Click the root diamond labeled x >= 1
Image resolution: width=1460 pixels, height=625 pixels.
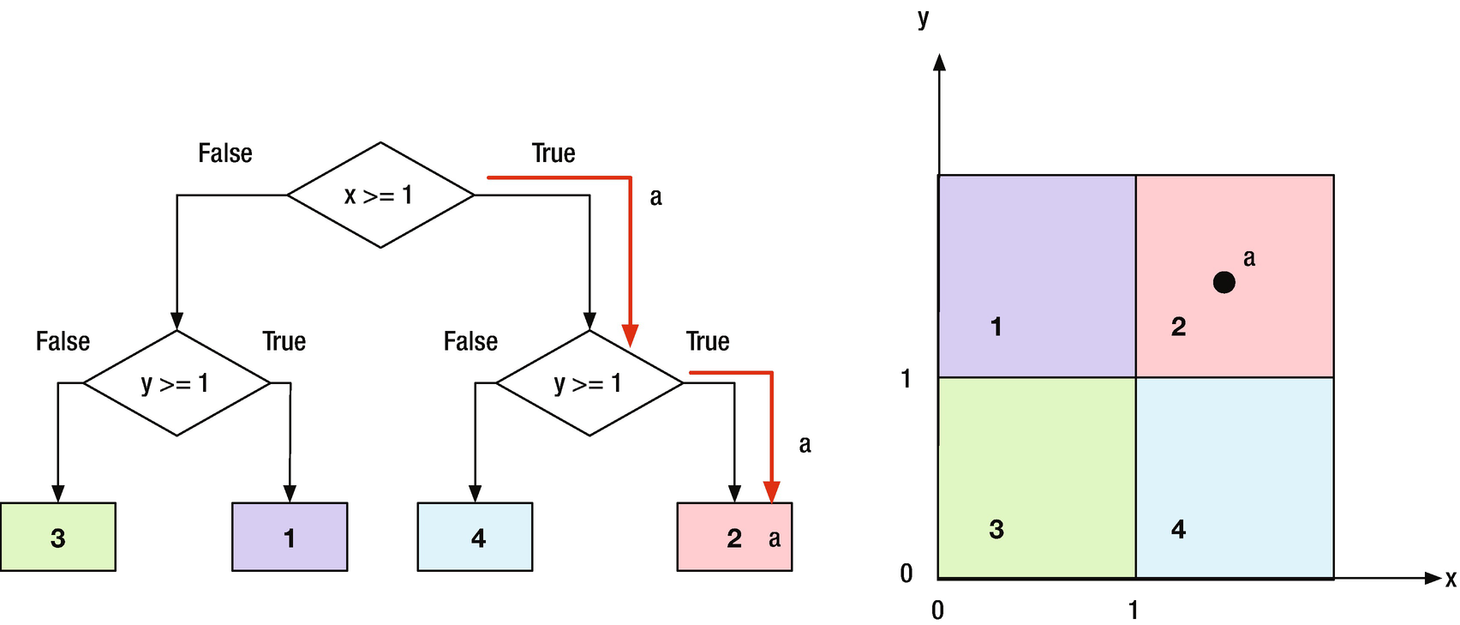click(380, 195)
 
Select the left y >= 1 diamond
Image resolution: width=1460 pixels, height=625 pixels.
click(177, 383)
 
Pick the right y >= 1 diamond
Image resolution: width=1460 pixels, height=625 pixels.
click(589, 383)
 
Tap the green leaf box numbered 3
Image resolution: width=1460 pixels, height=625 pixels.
click(57, 537)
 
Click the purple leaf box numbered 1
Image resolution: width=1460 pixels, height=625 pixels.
click(290, 537)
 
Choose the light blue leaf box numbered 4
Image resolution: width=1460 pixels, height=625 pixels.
click(475, 537)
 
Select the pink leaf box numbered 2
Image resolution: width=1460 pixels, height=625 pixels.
click(733, 537)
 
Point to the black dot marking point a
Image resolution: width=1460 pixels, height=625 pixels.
click(1224, 282)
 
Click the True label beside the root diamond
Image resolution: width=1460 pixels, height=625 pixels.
click(553, 153)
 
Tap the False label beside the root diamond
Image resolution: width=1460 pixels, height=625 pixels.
click(225, 153)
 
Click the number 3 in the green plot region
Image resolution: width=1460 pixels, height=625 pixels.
click(996, 529)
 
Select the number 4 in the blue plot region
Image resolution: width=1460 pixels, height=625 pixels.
click(1179, 529)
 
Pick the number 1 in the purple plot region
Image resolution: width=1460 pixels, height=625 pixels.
click(996, 327)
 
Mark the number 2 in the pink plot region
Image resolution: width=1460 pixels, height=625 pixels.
click(1179, 327)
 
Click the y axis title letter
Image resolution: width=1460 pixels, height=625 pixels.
click(923, 19)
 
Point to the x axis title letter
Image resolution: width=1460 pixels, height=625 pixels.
click(1450, 580)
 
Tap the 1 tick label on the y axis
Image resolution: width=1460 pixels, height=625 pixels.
click(907, 378)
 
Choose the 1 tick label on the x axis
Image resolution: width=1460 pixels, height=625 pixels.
click(1134, 610)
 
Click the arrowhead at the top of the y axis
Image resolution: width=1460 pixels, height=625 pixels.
click(940, 62)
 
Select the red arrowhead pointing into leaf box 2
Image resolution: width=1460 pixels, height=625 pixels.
click(772, 492)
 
